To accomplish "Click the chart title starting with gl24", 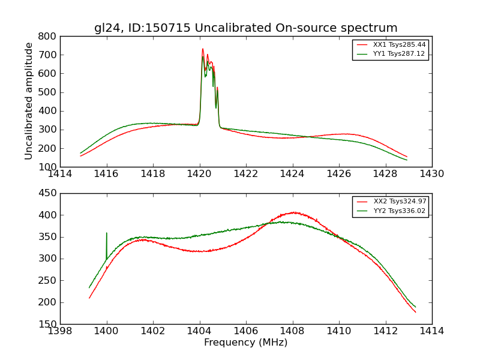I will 245,28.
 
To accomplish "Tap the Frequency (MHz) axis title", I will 245,343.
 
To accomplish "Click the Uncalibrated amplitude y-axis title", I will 29,101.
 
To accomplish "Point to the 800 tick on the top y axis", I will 49,36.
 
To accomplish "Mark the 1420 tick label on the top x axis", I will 199,174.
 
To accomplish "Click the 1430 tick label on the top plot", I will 431,174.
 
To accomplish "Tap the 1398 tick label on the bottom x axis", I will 60,331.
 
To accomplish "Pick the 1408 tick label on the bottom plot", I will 292,331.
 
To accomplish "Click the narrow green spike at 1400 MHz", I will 107,234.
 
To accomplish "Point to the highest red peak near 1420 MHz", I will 203,49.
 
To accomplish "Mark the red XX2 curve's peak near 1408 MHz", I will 295,212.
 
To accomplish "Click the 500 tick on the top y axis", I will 49,92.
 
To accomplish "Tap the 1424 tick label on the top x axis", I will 292,174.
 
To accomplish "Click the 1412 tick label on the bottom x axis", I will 385,331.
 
